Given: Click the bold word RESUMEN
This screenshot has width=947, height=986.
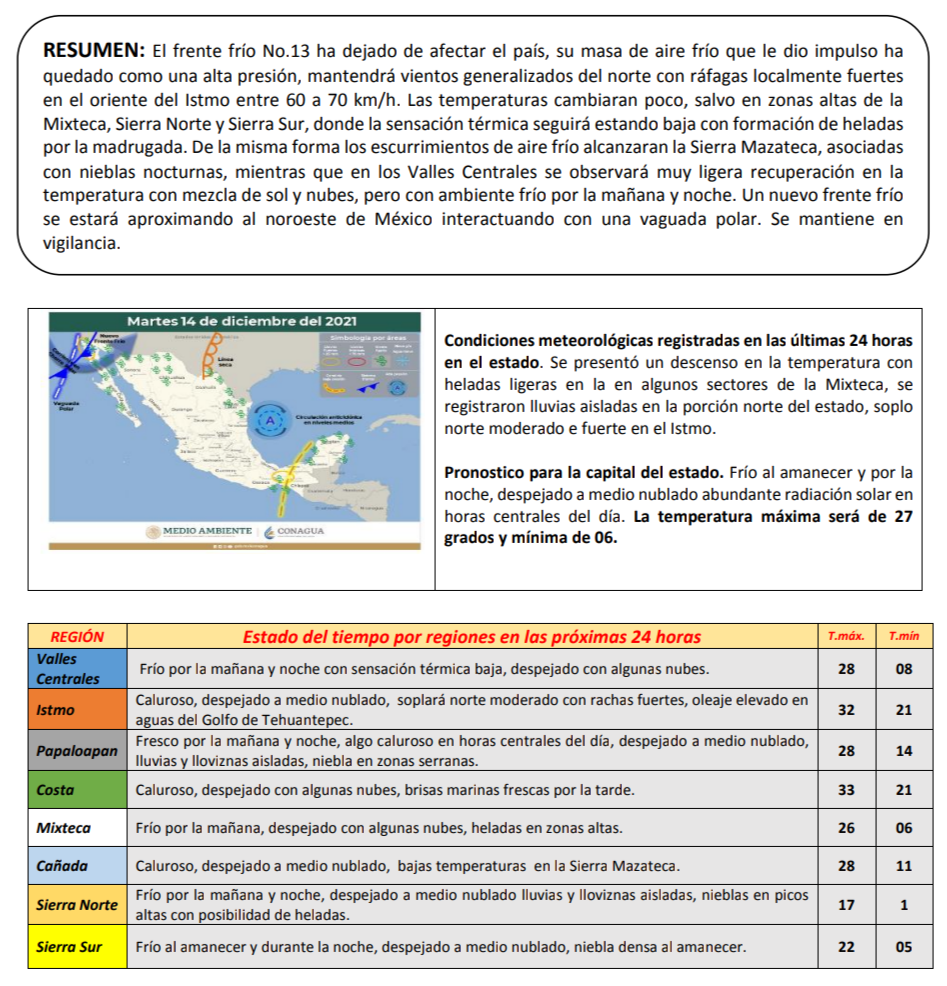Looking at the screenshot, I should (95, 50).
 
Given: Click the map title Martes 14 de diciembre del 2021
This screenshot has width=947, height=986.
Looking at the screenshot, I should (242, 321).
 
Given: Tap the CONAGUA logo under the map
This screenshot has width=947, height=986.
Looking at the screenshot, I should (297, 531).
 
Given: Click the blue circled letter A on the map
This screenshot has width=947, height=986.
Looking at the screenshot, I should (267, 423).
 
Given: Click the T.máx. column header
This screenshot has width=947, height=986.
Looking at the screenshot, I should (846, 636).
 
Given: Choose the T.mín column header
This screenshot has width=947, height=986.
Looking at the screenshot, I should (904, 636).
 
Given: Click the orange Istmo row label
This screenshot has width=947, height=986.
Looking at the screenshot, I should (55, 710).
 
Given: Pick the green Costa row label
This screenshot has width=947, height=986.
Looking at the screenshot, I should (55, 790).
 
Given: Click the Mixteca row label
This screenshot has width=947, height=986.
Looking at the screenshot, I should (63, 828).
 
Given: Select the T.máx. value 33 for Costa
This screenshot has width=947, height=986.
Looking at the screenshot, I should (846, 790).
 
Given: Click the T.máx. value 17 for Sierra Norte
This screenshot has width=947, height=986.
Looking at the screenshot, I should (846, 905).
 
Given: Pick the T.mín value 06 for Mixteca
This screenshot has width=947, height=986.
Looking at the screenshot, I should (904, 828).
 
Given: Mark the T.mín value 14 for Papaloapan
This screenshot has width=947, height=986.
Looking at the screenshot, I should (904, 750).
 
